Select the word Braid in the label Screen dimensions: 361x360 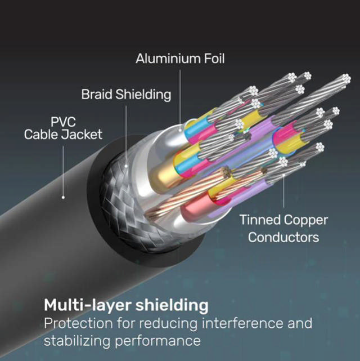click(x=97, y=94)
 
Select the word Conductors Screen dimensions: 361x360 click(x=283, y=237)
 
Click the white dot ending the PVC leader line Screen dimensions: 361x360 click(x=63, y=197)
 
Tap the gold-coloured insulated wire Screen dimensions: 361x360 click(x=163, y=172)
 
